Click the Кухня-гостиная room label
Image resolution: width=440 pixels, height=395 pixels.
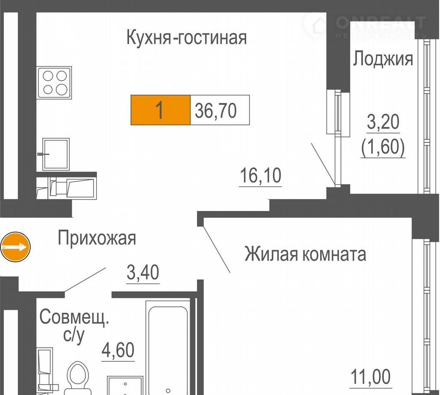click(x=187, y=38)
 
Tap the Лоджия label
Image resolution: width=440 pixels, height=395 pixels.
click(x=383, y=59)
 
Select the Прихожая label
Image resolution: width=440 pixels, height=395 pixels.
click(x=97, y=238)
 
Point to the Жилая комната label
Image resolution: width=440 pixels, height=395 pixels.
click(x=305, y=254)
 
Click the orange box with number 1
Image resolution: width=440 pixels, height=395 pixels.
click(x=161, y=110)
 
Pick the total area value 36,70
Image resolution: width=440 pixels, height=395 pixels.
click(x=216, y=110)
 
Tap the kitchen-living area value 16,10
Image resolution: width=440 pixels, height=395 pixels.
click(x=261, y=175)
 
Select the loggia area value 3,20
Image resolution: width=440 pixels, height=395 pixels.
click(x=383, y=122)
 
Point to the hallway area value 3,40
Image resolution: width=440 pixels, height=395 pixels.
click(x=143, y=272)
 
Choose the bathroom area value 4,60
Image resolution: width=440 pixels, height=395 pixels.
click(x=118, y=350)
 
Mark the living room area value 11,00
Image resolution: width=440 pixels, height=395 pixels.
click(x=371, y=377)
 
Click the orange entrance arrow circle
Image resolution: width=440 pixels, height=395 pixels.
click(x=15, y=247)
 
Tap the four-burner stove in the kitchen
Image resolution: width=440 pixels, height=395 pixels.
click(x=54, y=82)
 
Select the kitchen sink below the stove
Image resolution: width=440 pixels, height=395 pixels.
click(x=55, y=154)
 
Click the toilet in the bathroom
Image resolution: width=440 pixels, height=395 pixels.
click(x=78, y=379)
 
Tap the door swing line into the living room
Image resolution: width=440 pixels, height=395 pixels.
click(x=217, y=249)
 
